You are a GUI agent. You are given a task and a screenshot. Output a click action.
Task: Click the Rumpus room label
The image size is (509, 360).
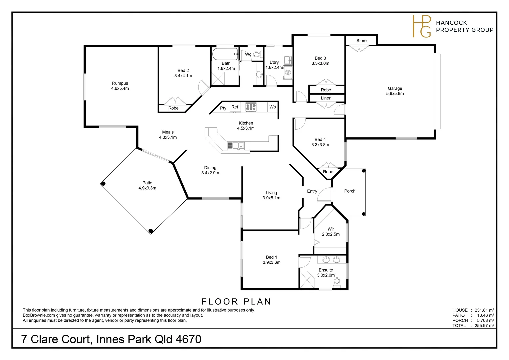pyautogui.click(x=120, y=83)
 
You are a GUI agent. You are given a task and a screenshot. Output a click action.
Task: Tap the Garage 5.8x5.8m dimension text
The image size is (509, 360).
pyautogui.click(x=395, y=93)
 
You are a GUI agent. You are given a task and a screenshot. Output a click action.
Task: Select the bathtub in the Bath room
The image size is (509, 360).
pyautogui.click(x=225, y=54)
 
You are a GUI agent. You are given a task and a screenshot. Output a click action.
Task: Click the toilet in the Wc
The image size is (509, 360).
pyautogui.click(x=257, y=54)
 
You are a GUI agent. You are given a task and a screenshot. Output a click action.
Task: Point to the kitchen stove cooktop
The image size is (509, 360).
pyautogui.click(x=251, y=107)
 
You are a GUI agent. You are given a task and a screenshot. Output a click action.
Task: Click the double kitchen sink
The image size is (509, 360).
pyautogui.click(x=236, y=146)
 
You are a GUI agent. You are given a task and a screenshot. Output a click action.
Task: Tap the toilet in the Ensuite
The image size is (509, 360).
pyautogui.click(x=337, y=282)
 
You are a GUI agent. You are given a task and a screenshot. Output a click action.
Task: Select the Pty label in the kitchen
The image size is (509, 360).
pyautogui.click(x=223, y=108)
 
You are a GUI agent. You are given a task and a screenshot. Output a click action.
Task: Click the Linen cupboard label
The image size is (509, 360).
pyautogui.click(x=326, y=98)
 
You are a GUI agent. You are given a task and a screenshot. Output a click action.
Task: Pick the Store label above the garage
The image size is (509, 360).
pyautogui.click(x=361, y=40)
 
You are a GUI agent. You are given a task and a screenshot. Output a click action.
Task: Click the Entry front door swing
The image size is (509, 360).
pyautogui.click(x=324, y=194)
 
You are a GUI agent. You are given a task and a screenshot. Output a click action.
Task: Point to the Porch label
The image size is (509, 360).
pyautogui.click(x=350, y=191)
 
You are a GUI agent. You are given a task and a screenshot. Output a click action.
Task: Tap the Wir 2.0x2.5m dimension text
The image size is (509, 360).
pyautogui.click(x=331, y=234)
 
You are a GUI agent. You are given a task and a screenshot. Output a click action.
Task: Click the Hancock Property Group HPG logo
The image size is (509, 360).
pyautogui.click(x=421, y=26)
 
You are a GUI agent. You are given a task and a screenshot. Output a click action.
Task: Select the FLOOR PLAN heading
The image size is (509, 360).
pyautogui.click(x=236, y=302)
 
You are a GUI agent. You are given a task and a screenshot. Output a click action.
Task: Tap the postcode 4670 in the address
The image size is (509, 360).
pyautogui.click(x=188, y=339)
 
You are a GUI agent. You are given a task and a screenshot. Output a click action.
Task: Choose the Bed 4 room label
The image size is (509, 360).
pyautogui.click(x=320, y=139)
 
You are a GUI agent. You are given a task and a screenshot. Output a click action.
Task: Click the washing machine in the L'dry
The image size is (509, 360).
pyautogui.click(x=288, y=73)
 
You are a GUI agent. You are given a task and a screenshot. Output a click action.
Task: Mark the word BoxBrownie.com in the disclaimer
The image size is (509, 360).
pyautogui.click(x=39, y=315)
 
